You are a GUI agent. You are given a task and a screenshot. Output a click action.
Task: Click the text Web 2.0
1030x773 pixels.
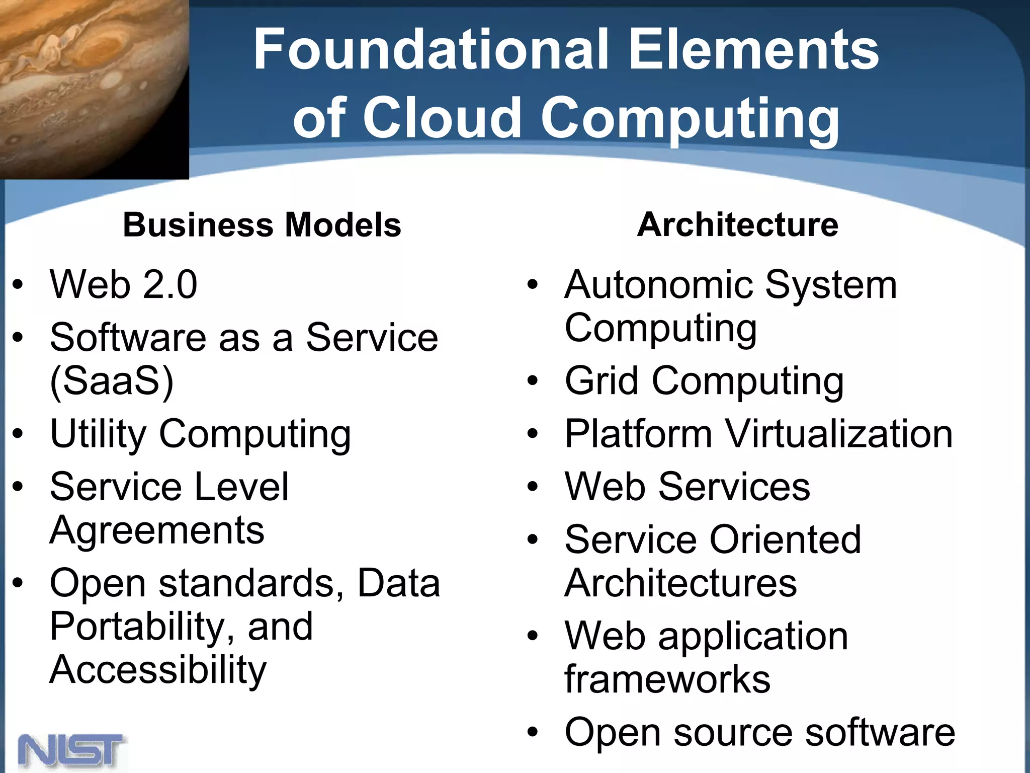coord(123,284)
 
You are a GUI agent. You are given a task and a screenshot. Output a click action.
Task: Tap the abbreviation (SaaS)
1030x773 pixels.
coord(112,381)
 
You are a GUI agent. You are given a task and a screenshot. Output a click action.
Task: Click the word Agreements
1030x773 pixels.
coord(157,530)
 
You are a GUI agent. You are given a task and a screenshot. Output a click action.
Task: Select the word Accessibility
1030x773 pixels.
coord(158,670)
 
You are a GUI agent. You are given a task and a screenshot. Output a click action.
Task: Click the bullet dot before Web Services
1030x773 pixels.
coord(533,487)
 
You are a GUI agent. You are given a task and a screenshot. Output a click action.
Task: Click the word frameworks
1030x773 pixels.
coord(667,679)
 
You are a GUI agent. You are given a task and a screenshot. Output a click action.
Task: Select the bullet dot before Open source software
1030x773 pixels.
coord(533,732)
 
